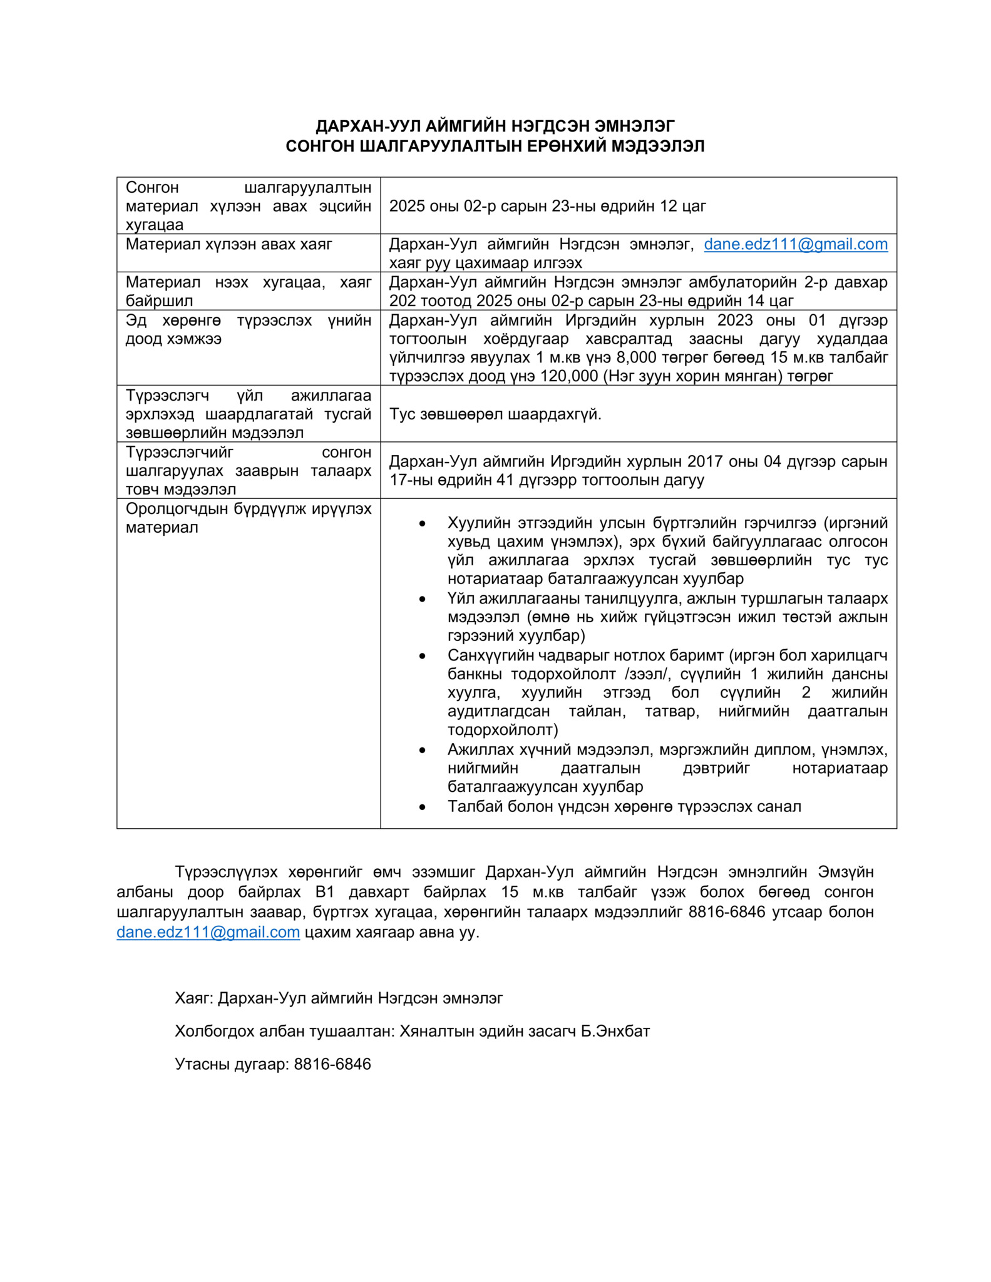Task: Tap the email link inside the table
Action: pos(795,244)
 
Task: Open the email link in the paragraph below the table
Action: pos(208,932)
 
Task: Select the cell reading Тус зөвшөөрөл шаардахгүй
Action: pos(495,414)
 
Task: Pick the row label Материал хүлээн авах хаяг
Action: pos(229,244)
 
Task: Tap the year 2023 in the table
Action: pos(735,320)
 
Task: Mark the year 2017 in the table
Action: pos(705,461)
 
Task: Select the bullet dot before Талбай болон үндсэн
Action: pos(423,807)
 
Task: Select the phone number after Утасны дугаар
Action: pos(332,1064)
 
